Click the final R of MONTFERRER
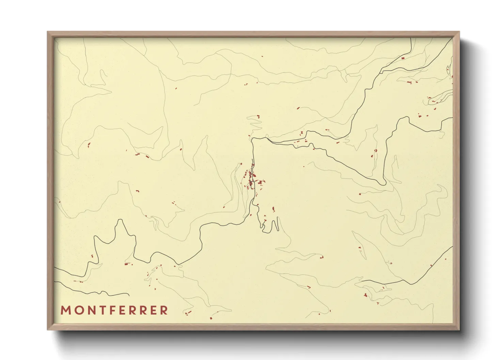[x=164, y=310]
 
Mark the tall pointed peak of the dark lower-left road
[x=120, y=220]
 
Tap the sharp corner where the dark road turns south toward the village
[x=252, y=140]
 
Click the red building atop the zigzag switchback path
[x=258, y=116]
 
